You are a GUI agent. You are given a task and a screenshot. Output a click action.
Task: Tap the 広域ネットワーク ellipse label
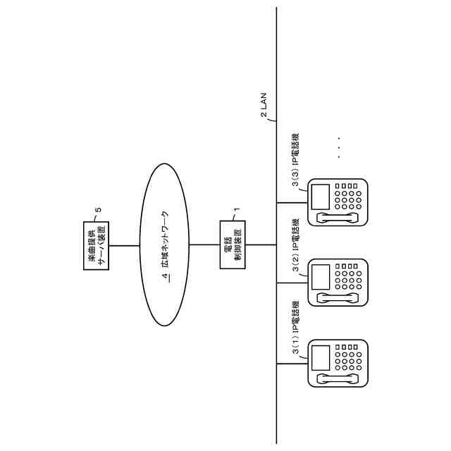165,240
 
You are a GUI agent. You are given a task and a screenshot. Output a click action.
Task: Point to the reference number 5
98,209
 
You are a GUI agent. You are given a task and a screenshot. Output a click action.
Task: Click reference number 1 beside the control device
236,209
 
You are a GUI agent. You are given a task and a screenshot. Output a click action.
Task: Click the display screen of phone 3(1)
321,357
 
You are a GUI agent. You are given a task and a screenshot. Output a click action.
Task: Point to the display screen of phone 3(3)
321,195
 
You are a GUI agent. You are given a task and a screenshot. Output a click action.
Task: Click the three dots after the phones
338,147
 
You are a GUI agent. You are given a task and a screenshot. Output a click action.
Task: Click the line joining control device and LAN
260,245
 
